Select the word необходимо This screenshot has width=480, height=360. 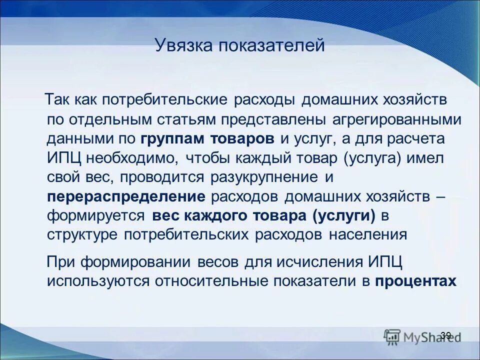(x=132, y=158)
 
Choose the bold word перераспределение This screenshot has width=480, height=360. (x=126, y=196)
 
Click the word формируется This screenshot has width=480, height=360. (x=96, y=216)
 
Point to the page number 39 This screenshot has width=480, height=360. (x=446, y=335)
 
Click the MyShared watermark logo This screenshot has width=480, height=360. (x=420, y=336)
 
